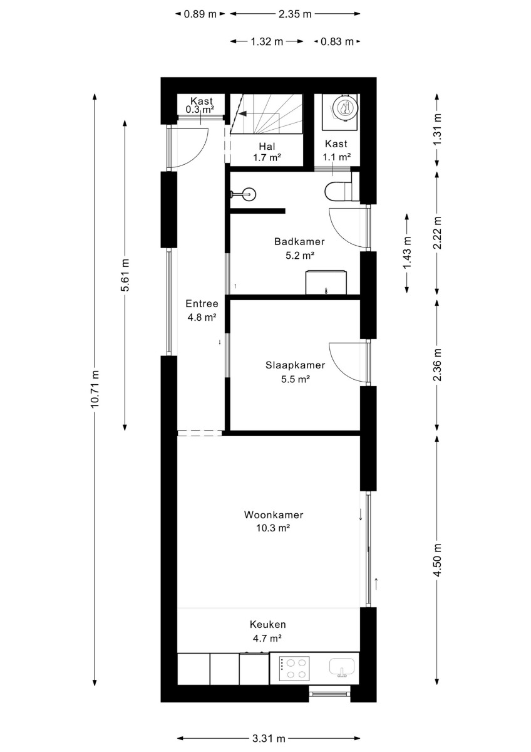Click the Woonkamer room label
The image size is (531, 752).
click(x=274, y=514)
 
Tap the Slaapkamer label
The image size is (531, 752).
click(x=295, y=365)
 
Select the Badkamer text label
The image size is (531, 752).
click(x=299, y=241)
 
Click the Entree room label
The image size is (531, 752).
click(x=202, y=303)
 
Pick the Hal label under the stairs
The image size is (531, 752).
click(x=267, y=147)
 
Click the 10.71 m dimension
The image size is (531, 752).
click(x=95, y=389)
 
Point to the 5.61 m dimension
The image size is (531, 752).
click(x=125, y=275)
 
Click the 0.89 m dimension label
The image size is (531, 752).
click(x=200, y=14)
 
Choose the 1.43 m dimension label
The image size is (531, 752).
click(x=407, y=253)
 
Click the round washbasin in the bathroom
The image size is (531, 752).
click(x=248, y=194)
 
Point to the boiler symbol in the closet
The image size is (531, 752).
click(x=344, y=109)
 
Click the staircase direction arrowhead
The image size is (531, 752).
click(x=242, y=113)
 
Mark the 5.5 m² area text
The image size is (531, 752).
click(x=295, y=379)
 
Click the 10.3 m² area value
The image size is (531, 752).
click(x=273, y=528)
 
